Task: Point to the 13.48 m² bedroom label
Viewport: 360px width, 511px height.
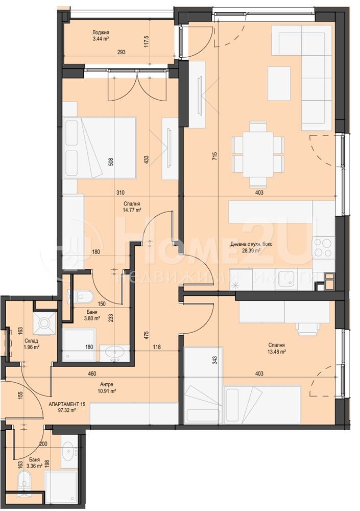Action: (x=277, y=349)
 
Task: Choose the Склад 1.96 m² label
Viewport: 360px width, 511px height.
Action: (x=31, y=344)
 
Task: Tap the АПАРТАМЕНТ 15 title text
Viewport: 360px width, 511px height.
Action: (x=67, y=404)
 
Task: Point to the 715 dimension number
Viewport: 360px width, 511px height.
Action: (x=214, y=155)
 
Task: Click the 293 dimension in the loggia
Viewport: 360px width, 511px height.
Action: (x=121, y=52)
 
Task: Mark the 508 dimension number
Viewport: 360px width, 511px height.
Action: (x=111, y=162)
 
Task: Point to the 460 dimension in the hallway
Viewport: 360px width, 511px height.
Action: (x=92, y=374)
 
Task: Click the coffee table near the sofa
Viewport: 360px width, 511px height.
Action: (x=279, y=83)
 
